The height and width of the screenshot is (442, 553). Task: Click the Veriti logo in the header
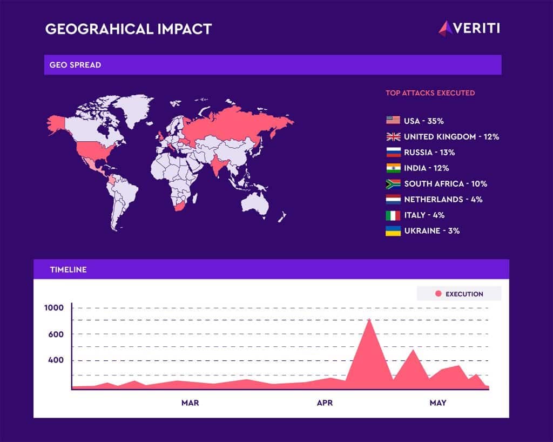[x=469, y=28]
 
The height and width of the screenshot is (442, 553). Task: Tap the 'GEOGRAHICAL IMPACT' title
[x=129, y=29]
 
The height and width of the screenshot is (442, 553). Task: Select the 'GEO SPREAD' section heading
[x=75, y=65]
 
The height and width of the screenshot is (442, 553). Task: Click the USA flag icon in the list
[x=393, y=120]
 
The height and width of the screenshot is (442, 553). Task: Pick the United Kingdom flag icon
[x=393, y=136]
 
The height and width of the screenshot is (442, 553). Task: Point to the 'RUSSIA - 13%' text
[x=429, y=152]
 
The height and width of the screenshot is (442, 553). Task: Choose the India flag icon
[x=393, y=168]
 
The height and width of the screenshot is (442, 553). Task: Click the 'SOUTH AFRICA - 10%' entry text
[x=446, y=184]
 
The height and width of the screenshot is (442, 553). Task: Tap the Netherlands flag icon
[x=393, y=199]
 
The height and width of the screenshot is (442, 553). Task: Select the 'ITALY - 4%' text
[x=424, y=215]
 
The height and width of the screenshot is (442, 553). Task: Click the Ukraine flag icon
[x=393, y=230]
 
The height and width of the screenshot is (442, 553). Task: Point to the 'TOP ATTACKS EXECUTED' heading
[x=430, y=93]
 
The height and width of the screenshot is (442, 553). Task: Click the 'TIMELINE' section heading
[x=69, y=269]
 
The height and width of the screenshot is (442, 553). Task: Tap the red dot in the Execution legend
[x=439, y=294]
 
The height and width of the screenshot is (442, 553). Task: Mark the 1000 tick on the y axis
[x=54, y=308]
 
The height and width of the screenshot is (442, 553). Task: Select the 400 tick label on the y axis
[x=56, y=360]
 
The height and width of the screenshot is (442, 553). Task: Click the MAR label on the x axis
[x=190, y=403]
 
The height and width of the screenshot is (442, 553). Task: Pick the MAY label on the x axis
[x=438, y=403]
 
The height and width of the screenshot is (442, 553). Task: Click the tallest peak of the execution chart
[x=369, y=319]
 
